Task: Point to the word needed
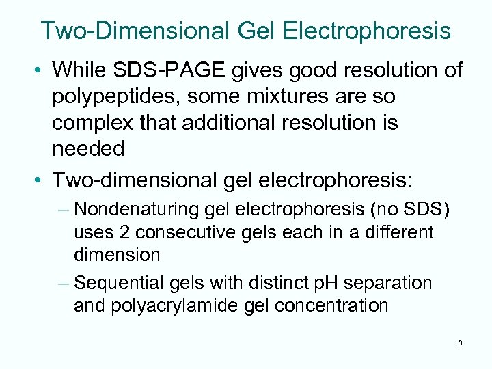pos(88,149)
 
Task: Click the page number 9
pos(460,343)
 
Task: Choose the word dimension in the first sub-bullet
pos(117,256)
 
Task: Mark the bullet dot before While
pos(42,70)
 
